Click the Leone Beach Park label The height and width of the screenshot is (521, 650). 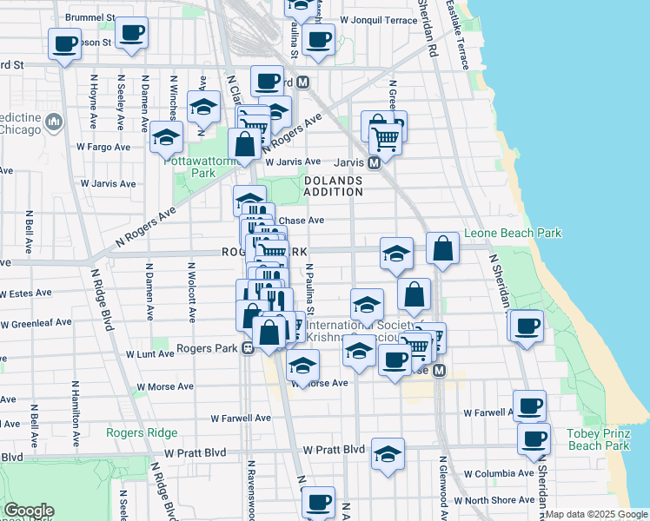point(513,233)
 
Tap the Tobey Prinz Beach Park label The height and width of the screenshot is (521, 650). point(598,439)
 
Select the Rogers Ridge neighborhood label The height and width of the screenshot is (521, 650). point(142,432)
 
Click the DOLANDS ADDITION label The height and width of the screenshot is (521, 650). point(333,186)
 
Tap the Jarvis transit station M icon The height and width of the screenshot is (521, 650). point(374,162)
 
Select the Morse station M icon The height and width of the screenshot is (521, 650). point(439,371)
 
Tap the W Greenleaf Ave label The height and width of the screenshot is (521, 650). point(36,323)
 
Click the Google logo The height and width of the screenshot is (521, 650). point(29,510)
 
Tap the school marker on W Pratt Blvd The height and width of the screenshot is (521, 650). point(388,452)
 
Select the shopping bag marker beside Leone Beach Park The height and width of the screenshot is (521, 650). point(442,248)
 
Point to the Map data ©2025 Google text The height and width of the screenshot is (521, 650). point(596,514)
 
